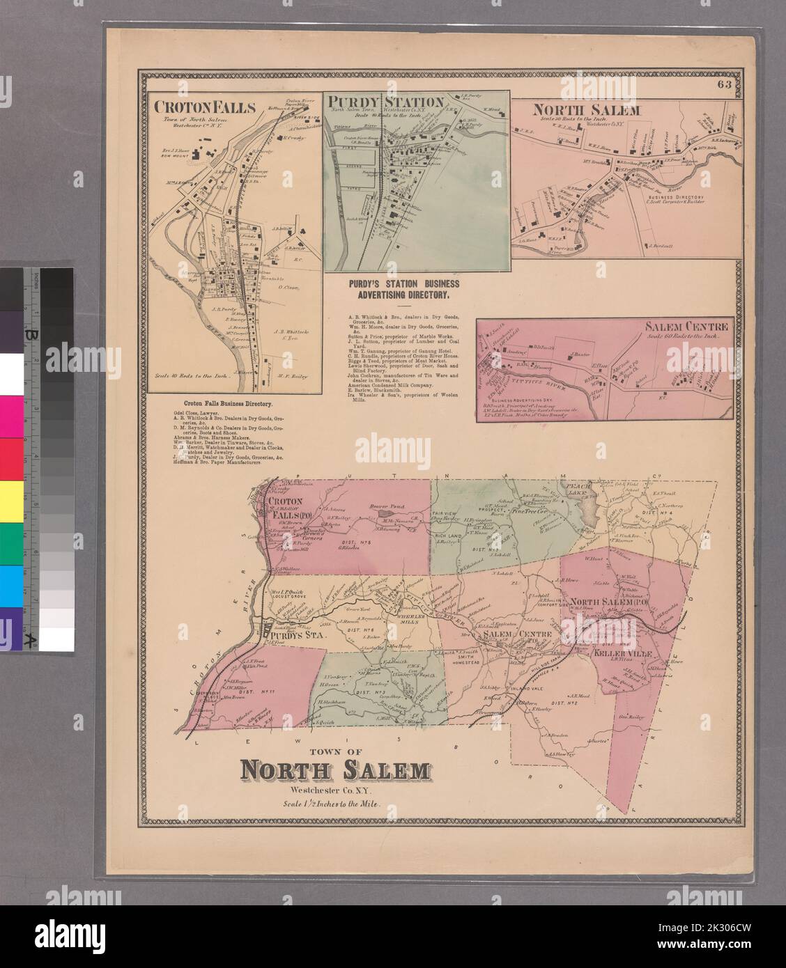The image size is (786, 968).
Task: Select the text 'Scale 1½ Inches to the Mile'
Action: pyautogui.click(x=334, y=803)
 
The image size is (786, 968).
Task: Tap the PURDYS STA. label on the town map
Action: pyautogui.click(x=291, y=636)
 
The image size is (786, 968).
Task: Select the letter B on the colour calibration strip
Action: pyautogui.click(x=31, y=334)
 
